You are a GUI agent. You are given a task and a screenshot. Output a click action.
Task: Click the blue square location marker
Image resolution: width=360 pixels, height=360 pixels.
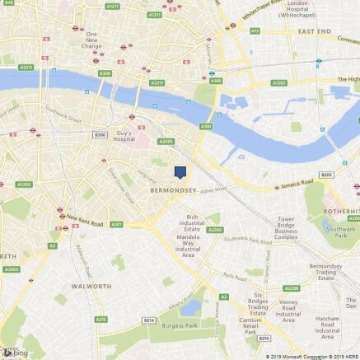tap(180, 171)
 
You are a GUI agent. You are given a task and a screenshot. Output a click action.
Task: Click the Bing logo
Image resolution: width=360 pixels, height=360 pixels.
tap(16, 353)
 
